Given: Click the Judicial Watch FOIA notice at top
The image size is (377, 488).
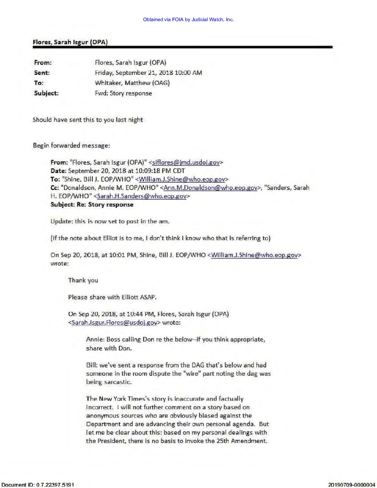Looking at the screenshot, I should pyautogui.click(x=188, y=19).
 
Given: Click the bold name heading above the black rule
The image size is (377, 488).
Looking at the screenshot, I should pyautogui.click(x=70, y=42).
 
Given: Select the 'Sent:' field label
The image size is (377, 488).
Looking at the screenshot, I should pyautogui.click(x=42, y=73).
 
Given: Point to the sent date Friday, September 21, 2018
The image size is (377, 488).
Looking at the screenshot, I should pyautogui.click(x=148, y=73).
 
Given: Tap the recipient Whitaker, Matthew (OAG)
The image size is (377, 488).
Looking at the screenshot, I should pyautogui.click(x=132, y=83).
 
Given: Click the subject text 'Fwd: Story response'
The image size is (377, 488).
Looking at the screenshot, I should pyautogui.click(x=123, y=93).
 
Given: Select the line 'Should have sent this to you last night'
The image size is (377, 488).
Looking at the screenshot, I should pyautogui.click(x=88, y=120).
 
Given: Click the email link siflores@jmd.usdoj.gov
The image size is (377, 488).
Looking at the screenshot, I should pyautogui.click(x=186, y=162).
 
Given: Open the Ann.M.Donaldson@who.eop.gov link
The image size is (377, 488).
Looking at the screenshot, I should pyautogui.click(x=210, y=188).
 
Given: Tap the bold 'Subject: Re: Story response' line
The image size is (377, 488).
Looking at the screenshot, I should pyautogui.click(x=92, y=204).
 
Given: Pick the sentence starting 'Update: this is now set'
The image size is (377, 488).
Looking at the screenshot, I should pyautogui.click(x=110, y=221).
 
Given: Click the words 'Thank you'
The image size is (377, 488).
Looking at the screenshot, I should pyautogui.click(x=83, y=280).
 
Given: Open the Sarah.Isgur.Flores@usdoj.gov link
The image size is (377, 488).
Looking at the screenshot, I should pyautogui.click(x=114, y=323).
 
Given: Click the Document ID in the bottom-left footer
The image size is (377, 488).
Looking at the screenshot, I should pyautogui.click(x=37, y=485).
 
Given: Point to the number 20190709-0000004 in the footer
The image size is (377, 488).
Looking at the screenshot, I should pyautogui.click(x=351, y=485).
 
